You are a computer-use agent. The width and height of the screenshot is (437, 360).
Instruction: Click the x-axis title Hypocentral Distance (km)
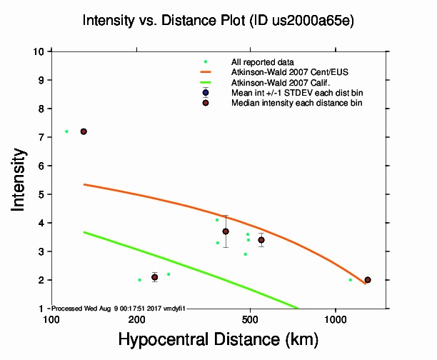click(x=218, y=340)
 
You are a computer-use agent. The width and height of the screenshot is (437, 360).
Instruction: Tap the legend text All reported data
click(x=257, y=62)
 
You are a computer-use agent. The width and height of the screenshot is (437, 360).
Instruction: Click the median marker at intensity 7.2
click(x=84, y=131)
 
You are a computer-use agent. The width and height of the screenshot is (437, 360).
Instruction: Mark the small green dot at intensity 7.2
click(x=66, y=131)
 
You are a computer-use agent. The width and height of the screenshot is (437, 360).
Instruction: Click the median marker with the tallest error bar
click(x=226, y=231)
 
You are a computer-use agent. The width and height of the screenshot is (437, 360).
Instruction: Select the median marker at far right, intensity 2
click(x=368, y=280)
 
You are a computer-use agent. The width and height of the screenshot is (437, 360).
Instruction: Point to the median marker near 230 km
click(x=154, y=277)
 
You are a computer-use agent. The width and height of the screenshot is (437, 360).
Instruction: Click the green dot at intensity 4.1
click(x=217, y=220)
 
